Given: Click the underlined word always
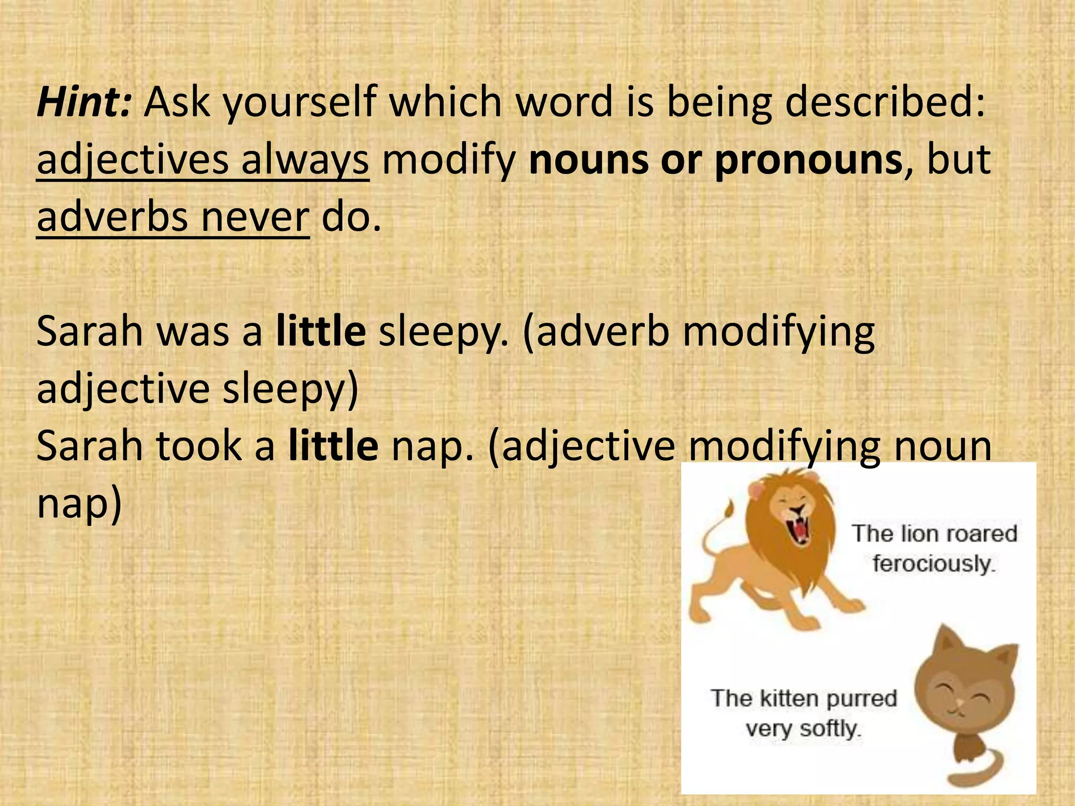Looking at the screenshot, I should point(304,160).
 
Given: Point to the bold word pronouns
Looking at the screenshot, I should point(808,160).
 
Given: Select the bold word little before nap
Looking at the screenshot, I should point(333,446).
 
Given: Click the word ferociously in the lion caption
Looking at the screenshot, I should point(933,564).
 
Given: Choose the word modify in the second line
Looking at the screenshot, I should point(449,160).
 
